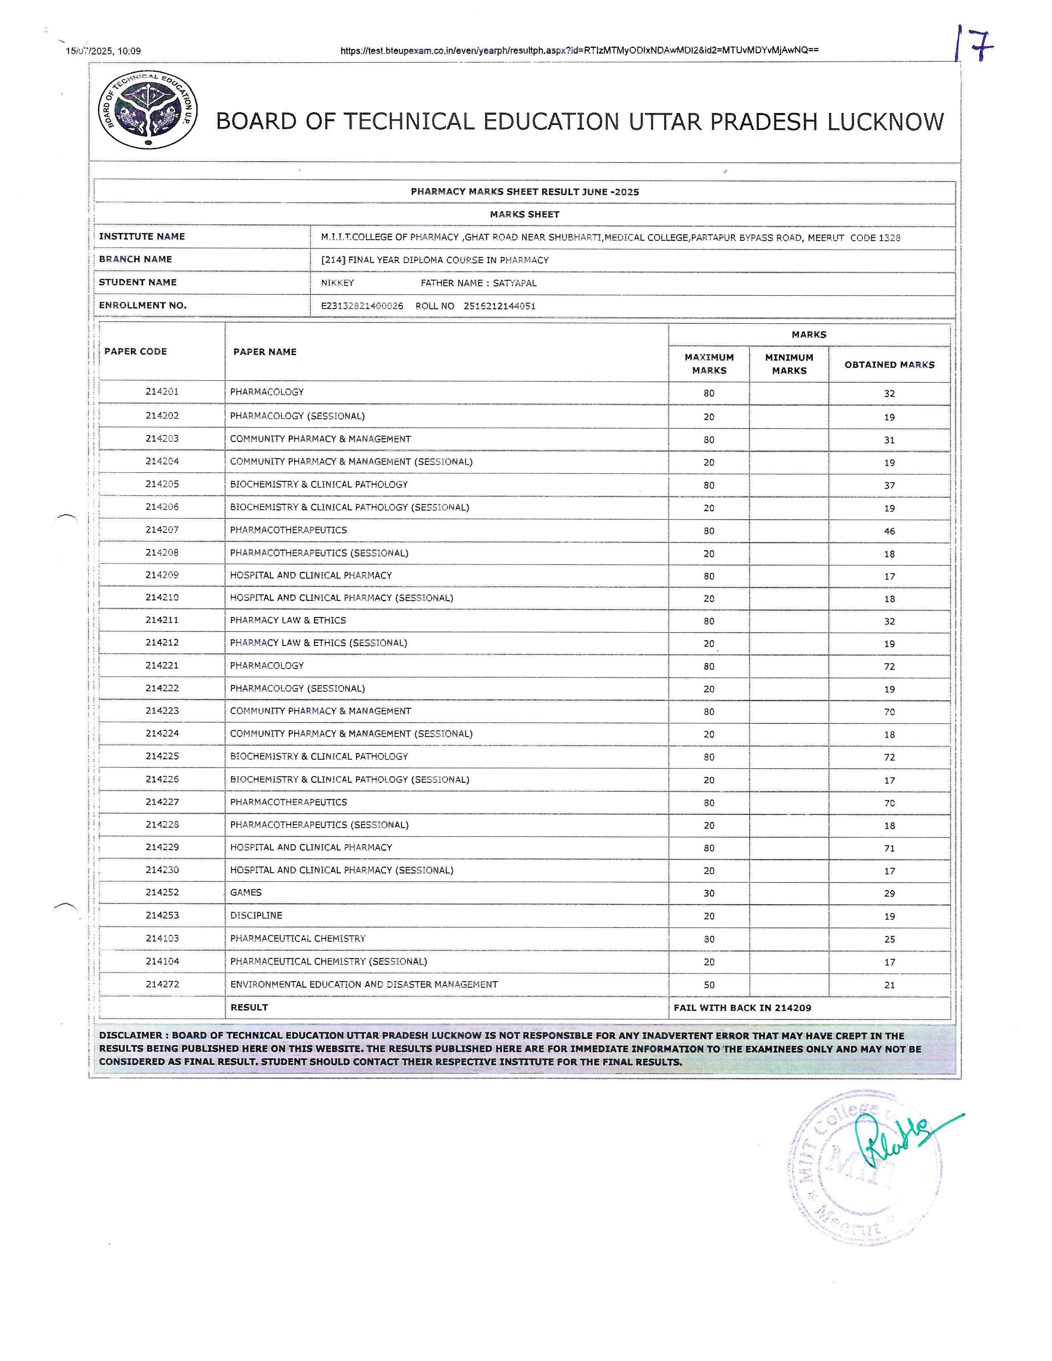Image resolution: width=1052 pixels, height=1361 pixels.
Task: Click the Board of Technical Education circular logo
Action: click(148, 110)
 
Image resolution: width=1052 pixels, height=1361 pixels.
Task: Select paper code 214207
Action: click(162, 530)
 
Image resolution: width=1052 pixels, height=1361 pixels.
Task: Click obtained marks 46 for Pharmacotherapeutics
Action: click(889, 531)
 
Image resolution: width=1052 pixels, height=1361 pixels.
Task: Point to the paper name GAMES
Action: click(245, 892)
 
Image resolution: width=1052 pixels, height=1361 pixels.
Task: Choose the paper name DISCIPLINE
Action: click(256, 916)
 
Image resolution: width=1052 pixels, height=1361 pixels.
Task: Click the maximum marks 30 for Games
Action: click(709, 893)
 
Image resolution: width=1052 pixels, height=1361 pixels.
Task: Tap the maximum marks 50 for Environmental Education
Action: click(709, 984)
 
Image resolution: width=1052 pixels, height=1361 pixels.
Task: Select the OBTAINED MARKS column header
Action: click(889, 365)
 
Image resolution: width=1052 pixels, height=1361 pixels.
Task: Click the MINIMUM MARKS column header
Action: click(789, 364)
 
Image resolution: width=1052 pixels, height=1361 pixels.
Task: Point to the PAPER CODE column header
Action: click(135, 351)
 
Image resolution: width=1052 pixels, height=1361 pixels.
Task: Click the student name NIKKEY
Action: click(337, 283)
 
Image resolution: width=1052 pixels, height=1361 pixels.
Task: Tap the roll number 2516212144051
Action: click(499, 306)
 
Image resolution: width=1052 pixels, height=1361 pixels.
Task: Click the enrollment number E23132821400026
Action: click(361, 306)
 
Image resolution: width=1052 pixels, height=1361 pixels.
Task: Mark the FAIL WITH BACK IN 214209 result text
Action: click(742, 1007)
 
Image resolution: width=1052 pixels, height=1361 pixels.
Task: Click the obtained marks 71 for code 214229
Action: click(889, 848)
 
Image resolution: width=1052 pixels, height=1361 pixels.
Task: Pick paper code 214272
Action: click(162, 984)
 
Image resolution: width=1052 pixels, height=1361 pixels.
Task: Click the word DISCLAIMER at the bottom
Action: click(130, 1036)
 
